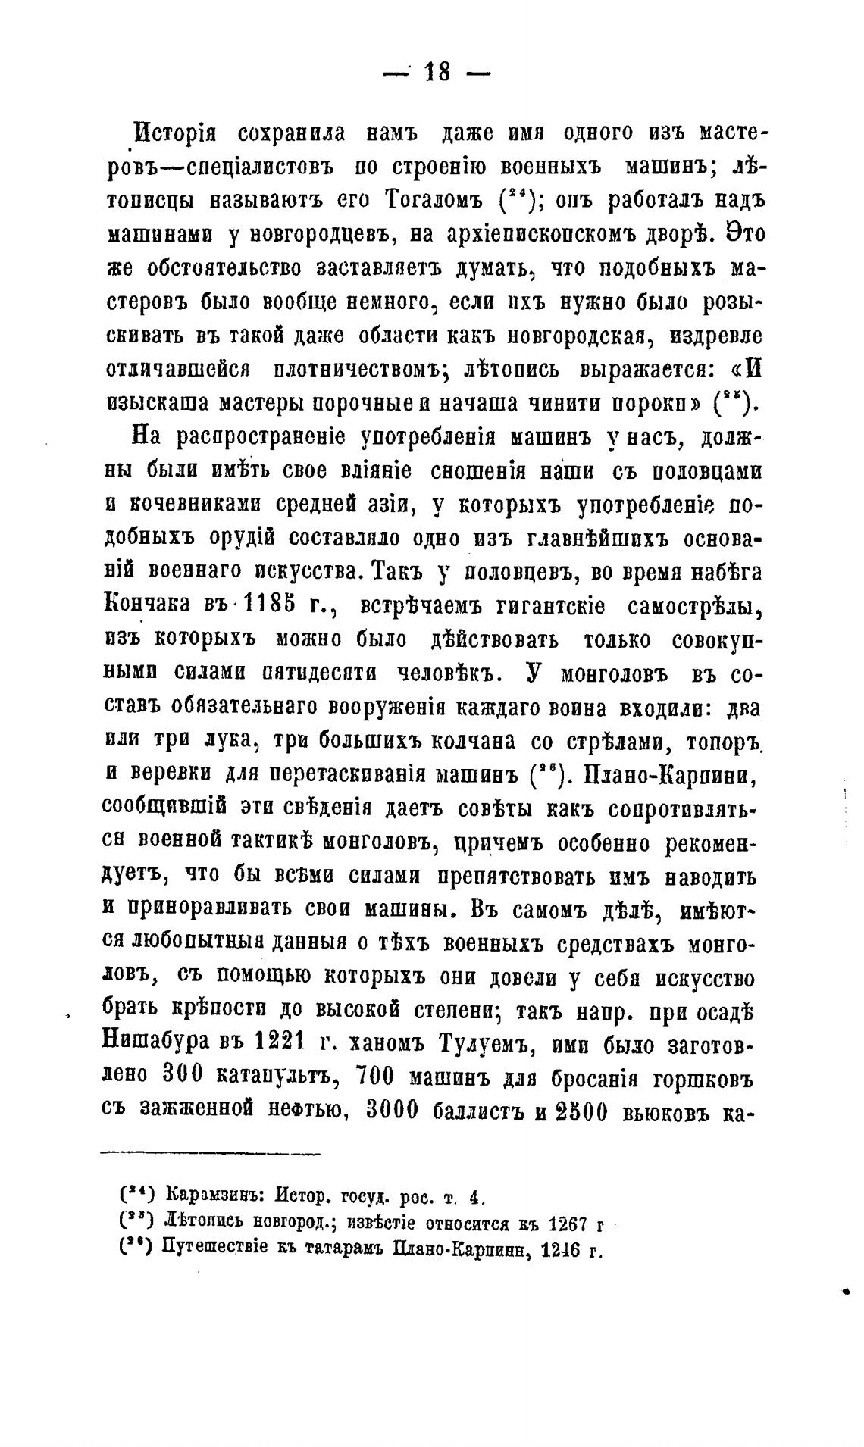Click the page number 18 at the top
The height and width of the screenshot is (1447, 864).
pos(437,72)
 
